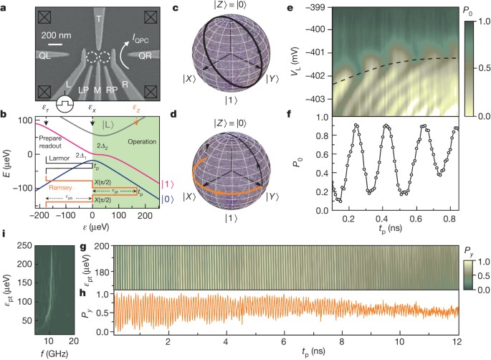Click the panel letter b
[4, 114]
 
